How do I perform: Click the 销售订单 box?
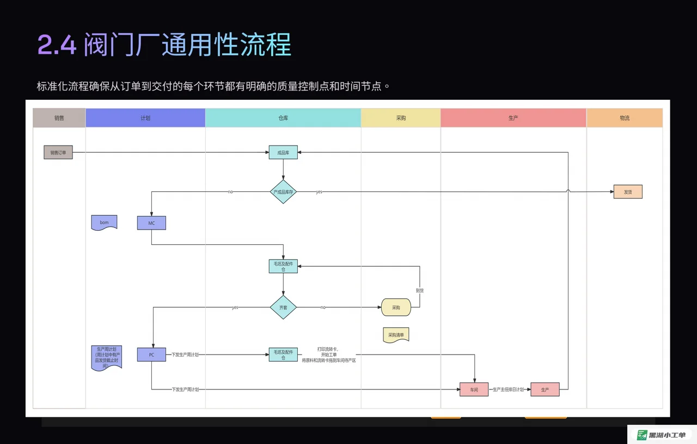(x=58, y=153)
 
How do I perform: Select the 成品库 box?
(x=283, y=153)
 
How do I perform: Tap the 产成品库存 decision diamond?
(x=283, y=192)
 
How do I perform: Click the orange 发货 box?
(x=628, y=192)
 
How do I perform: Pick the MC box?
(x=151, y=223)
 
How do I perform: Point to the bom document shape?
(x=104, y=223)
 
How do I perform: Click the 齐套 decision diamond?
(x=283, y=308)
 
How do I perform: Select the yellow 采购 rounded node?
(x=396, y=308)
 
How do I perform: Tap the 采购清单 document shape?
(x=396, y=335)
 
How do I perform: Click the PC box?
(x=151, y=355)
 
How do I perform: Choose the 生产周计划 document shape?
(x=106, y=357)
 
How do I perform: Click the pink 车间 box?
(x=474, y=389)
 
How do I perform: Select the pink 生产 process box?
(x=545, y=389)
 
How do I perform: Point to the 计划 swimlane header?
(x=145, y=118)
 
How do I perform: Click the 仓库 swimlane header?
(x=283, y=118)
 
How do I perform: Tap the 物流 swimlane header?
(x=625, y=118)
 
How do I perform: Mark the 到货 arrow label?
(x=420, y=291)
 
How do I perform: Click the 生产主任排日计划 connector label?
(x=508, y=389)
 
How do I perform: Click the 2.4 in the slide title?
(x=57, y=45)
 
